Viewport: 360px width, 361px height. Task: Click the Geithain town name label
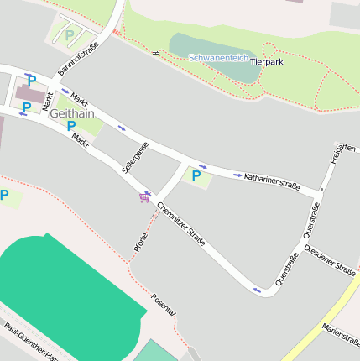tap(72, 112)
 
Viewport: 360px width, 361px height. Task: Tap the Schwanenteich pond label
tap(217, 58)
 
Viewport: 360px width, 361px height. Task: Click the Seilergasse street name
tap(135, 157)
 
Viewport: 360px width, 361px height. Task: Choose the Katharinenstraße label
tap(272, 181)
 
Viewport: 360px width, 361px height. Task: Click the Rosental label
tap(164, 304)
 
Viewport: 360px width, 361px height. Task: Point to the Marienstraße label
tap(340, 332)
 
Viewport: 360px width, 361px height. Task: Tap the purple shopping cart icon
tap(146, 196)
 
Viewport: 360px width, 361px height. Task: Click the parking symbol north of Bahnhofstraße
tap(70, 35)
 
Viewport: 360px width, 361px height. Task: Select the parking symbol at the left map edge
tap(4, 196)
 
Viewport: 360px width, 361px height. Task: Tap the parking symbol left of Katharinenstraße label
tap(196, 176)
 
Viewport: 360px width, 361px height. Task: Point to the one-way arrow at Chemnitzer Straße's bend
tap(257, 290)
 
